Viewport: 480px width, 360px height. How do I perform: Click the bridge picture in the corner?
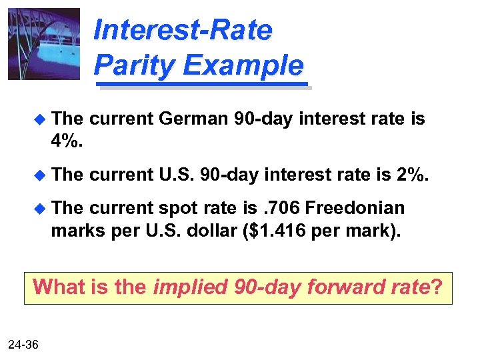pyautogui.click(x=43, y=44)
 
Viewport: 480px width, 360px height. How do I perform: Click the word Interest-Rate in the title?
pyautogui.click(x=183, y=31)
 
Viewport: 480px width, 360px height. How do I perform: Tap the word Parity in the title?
pyautogui.click(x=133, y=65)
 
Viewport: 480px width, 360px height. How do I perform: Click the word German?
pyautogui.click(x=194, y=119)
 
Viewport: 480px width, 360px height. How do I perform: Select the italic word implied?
pyautogui.click(x=191, y=287)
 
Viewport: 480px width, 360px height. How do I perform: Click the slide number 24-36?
pyautogui.click(x=23, y=344)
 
